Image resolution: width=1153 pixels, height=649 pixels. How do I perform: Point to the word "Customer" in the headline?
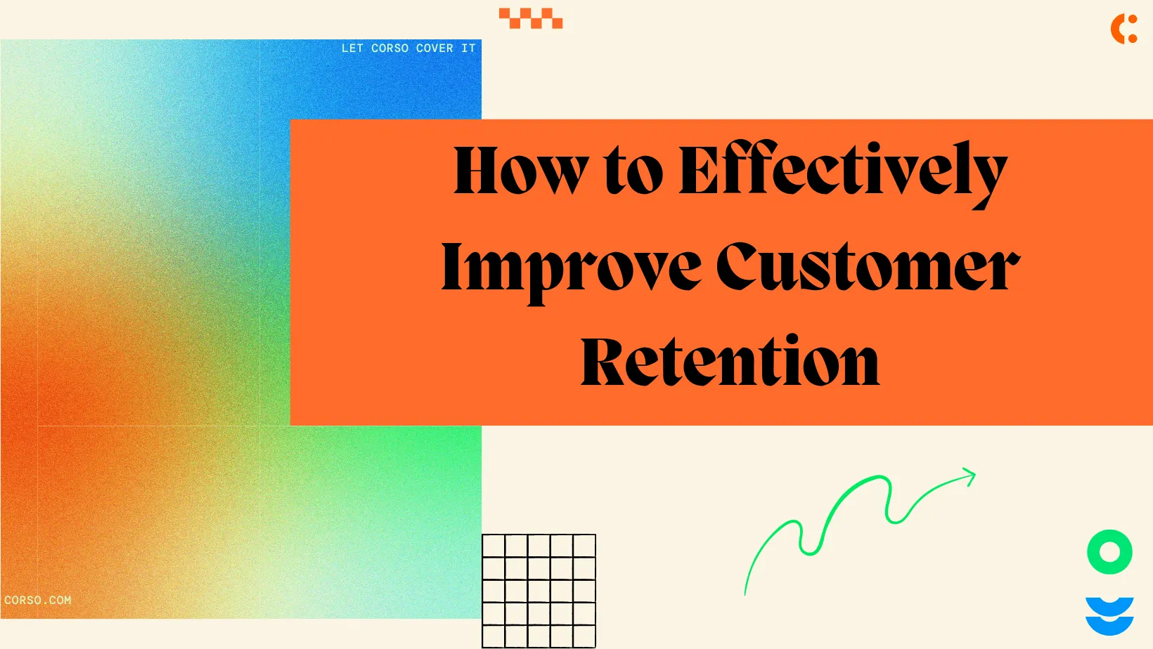(868, 267)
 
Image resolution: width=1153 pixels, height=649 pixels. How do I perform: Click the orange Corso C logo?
(1123, 29)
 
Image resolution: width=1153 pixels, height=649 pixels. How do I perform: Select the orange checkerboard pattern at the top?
(531, 18)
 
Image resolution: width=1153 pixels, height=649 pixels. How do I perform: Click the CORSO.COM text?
(38, 601)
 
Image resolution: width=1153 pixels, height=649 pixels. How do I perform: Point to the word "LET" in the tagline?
(352, 48)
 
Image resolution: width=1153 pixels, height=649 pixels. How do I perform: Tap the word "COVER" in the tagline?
(434, 48)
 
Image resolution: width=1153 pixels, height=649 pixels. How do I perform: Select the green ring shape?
(1109, 552)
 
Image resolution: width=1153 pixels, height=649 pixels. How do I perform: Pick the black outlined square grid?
(539, 591)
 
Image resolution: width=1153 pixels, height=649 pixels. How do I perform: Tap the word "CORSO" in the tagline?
(389, 48)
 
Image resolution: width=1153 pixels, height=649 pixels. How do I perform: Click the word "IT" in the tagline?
(468, 48)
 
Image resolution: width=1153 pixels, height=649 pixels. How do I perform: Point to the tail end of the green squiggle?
(746, 592)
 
